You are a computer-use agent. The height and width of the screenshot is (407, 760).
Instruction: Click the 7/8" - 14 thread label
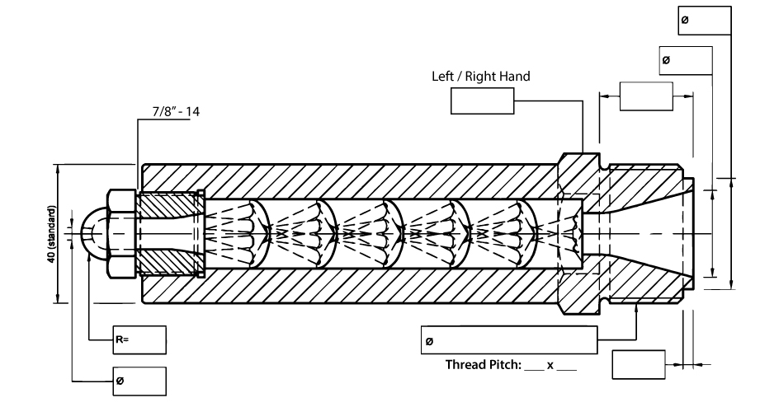(x=176, y=112)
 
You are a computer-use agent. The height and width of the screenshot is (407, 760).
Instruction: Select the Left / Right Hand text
(x=481, y=77)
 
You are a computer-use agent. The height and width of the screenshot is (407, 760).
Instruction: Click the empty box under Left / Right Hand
(x=482, y=101)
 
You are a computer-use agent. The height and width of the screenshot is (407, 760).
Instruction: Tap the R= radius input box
(x=139, y=340)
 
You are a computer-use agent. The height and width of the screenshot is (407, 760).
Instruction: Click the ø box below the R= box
(x=139, y=381)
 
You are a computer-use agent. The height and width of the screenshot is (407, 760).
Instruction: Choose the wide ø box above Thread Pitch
(x=509, y=340)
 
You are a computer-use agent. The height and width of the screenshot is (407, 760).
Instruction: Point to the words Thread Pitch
(x=484, y=364)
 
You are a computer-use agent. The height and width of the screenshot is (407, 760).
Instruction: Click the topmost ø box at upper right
(x=704, y=21)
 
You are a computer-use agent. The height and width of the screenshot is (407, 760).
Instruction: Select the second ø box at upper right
(x=686, y=60)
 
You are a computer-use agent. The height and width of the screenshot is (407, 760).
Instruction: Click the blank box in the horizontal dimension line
(x=646, y=96)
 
